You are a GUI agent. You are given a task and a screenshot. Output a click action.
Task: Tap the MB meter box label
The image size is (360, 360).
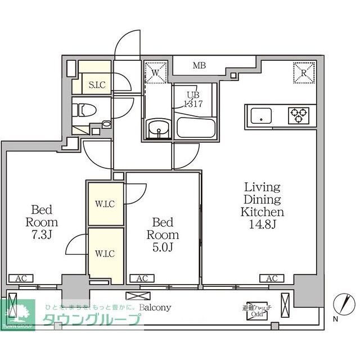[199, 66]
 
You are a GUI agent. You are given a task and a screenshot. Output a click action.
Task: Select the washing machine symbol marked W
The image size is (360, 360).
[156, 72]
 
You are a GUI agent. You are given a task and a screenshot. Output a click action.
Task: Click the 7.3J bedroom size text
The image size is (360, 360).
[42, 235]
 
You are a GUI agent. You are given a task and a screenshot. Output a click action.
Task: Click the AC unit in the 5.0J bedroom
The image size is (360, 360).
[142, 278]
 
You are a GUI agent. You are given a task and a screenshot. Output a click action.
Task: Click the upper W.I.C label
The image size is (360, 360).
[105, 204]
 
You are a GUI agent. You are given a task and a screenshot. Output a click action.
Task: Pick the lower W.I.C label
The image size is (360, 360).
[105, 253]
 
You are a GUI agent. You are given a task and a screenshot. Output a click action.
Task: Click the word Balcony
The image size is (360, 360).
[155, 308]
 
